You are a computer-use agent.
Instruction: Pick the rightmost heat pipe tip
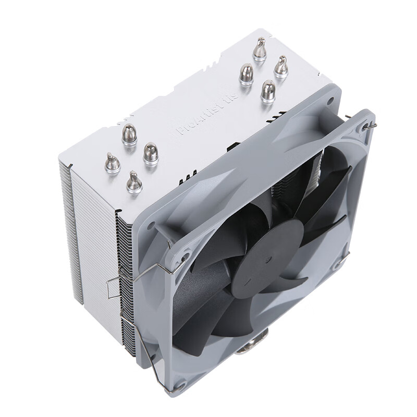pos(281,66)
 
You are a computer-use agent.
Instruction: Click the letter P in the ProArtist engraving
pos(180,131)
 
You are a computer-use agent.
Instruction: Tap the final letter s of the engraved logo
pos(236,96)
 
